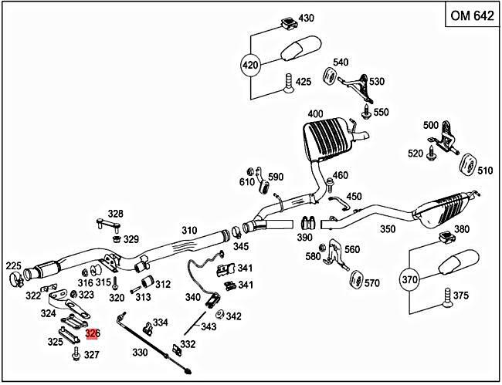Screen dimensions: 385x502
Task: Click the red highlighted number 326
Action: [x=92, y=334]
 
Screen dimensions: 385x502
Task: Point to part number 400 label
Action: [x=314, y=114]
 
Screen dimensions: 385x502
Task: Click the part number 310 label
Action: [x=189, y=231]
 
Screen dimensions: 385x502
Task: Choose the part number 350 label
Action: [x=387, y=229]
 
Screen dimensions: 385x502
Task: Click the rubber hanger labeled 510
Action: [x=466, y=167]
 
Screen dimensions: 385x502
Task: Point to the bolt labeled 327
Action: [x=76, y=353]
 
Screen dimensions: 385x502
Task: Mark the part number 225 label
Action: [x=14, y=266]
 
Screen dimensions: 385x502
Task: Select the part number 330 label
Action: [x=139, y=353]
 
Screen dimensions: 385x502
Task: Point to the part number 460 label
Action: [x=340, y=175]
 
